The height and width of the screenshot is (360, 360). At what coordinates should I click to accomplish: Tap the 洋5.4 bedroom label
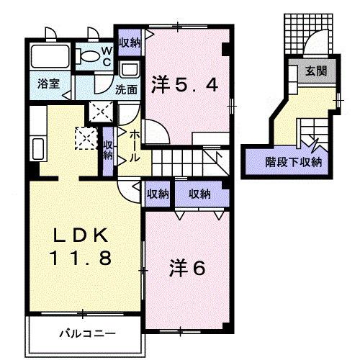(184, 84)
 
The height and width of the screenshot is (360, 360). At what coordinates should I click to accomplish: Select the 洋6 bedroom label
(187, 268)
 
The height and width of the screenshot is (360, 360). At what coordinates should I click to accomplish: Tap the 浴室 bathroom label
(49, 84)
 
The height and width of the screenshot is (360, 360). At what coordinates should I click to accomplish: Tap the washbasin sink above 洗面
(130, 71)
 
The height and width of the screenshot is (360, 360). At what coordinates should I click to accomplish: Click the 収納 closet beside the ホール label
(108, 150)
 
